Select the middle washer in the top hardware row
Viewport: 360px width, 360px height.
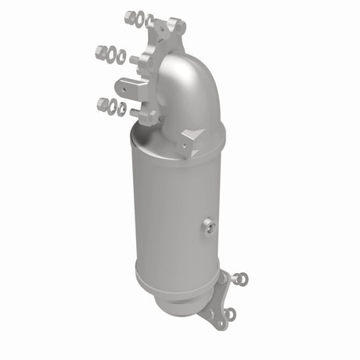click(x=139, y=19)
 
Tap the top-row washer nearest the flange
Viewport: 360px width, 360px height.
click(x=149, y=21)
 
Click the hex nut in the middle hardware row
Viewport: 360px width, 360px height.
click(x=101, y=52)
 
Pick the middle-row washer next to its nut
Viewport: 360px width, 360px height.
click(x=111, y=55)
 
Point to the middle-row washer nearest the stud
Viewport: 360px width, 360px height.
click(x=121, y=57)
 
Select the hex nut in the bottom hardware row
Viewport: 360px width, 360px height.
click(x=103, y=103)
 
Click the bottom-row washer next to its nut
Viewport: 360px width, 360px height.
click(x=113, y=106)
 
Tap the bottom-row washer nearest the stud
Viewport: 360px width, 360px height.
click(x=121, y=109)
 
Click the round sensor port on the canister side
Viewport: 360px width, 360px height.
click(x=207, y=228)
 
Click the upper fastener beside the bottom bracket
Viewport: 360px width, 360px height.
click(x=240, y=278)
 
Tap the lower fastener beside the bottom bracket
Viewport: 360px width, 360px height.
click(x=229, y=315)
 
